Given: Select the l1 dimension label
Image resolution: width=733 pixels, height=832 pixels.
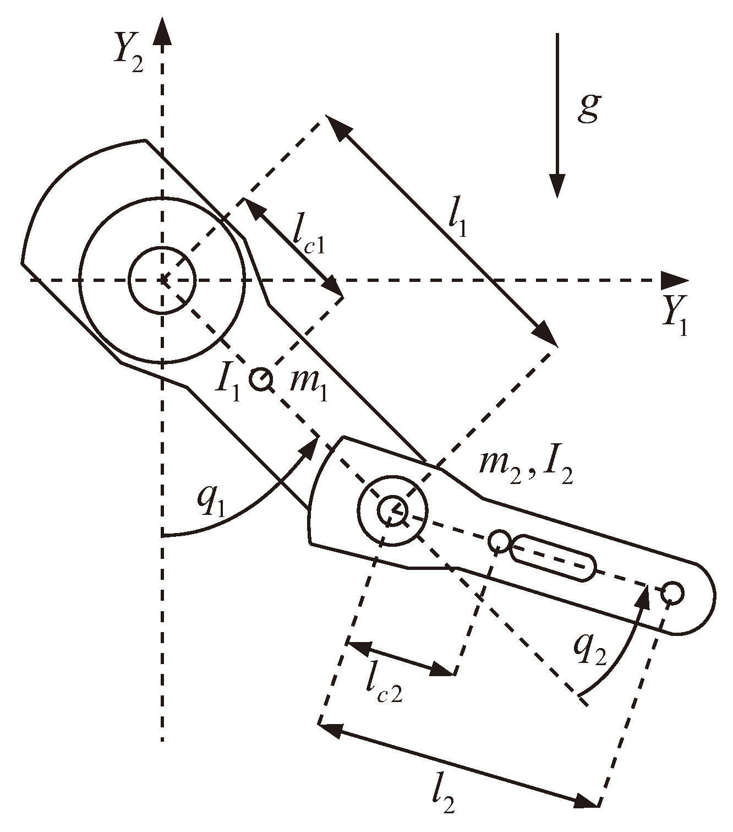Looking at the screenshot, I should [457, 221].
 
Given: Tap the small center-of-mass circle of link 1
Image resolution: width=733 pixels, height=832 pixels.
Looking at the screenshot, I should [260, 379].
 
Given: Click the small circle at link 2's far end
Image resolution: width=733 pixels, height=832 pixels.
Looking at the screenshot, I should [673, 593].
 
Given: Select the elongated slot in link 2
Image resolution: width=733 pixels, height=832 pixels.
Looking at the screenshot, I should [553, 557].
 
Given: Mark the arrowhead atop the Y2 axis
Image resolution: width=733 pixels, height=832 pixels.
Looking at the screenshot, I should [162, 30].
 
